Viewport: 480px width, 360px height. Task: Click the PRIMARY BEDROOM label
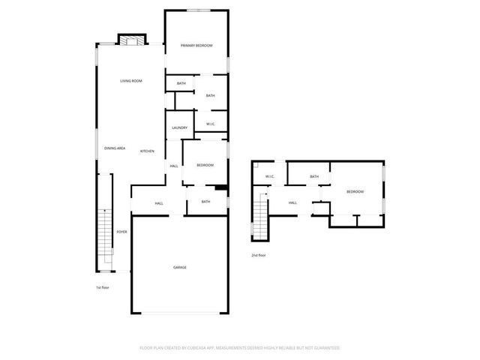pos(196,46)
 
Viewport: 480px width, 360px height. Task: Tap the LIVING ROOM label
pos(131,81)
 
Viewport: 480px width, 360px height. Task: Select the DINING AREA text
pos(115,148)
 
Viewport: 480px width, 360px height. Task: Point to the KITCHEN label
pos(147,151)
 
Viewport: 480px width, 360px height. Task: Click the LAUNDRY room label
pos(179,127)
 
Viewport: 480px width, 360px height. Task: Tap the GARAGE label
pos(180,267)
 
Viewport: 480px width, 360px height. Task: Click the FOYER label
pos(121,232)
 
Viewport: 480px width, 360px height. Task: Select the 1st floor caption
pos(103,287)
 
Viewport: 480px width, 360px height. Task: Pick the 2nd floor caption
pos(259,256)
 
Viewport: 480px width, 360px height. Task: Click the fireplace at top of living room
pos(131,41)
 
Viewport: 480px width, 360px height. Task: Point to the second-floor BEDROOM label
pos(355,192)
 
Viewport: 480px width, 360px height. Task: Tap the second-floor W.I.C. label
pos(269,177)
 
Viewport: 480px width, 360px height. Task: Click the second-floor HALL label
pos(292,202)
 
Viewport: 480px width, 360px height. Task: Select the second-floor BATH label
pos(314,177)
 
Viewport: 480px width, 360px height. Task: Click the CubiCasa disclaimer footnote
pos(240,348)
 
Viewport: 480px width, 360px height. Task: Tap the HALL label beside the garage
pos(159,203)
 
